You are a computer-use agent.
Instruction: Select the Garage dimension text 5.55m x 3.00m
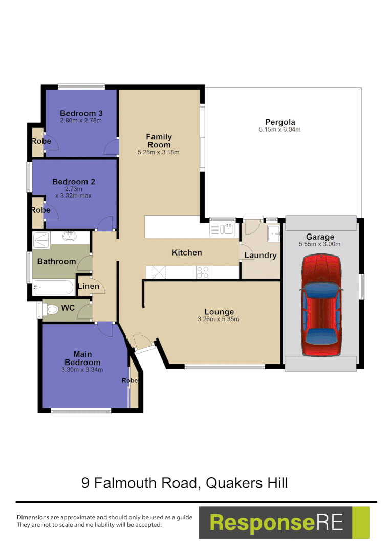(320, 244)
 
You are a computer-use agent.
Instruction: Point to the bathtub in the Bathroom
(53, 287)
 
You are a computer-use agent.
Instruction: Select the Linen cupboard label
(89, 286)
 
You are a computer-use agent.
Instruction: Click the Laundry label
(260, 255)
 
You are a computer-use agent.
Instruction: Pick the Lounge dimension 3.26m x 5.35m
(219, 319)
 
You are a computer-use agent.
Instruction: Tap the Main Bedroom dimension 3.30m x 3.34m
(82, 370)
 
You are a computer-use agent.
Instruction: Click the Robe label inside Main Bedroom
(129, 380)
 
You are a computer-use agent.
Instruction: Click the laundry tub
(274, 234)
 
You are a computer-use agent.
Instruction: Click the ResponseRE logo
(284, 523)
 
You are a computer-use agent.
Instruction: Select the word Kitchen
(187, 252)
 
